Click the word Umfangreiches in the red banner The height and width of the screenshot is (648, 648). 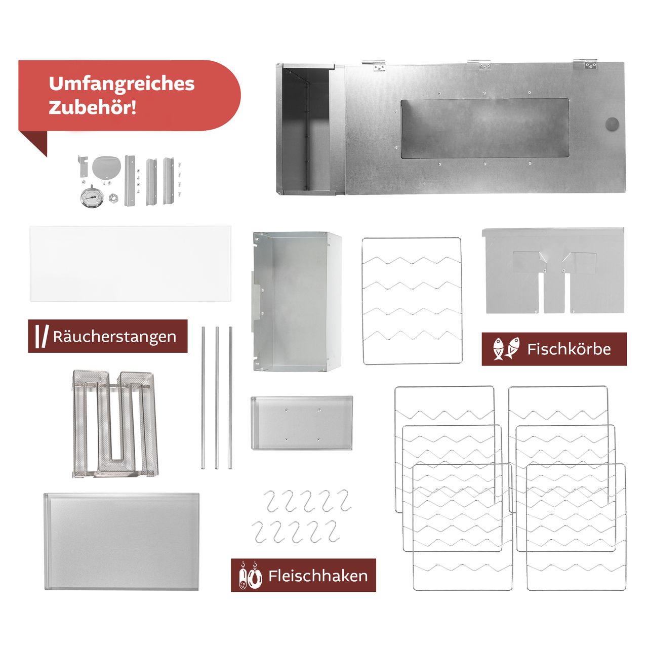click(x=121, y=84)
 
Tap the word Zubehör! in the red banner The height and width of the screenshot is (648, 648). click(x=93, y=107)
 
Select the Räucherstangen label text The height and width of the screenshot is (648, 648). click(x=114, y=337)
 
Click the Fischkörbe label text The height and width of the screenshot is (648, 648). click(x=569, y=349)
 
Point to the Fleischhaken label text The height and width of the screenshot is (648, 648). click(x=318, y=576)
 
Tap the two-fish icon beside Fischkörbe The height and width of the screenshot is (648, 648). click(x=506, y=349)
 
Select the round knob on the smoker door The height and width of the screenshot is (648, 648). click(x=612, y=124)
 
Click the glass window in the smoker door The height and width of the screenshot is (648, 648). click(x=484, y=129)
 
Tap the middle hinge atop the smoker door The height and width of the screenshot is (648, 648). click(x=485, y=64)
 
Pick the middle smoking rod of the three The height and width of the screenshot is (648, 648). click(x=217, y=397)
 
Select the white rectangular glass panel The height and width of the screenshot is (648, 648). click(x=130, y=264)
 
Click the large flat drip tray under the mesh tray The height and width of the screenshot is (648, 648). click(x=121, y=541)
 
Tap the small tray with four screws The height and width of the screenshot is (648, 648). click(x=302, y=423)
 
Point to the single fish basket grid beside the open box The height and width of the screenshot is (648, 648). click(x=412, y=301)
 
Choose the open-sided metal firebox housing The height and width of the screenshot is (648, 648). click(x=297, y=301)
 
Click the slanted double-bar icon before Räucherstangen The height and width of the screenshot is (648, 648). click(x=42, y=336)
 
